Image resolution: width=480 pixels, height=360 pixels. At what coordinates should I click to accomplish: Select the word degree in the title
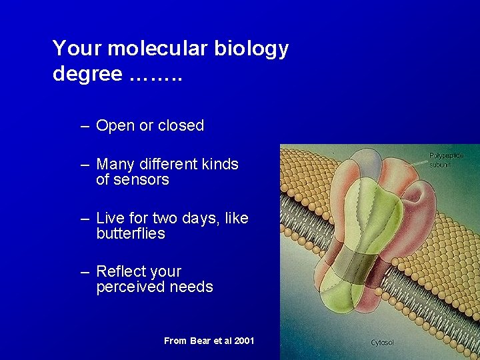tap(87, 74)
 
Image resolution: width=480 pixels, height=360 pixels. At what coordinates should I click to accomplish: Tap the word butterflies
tap(131, 234)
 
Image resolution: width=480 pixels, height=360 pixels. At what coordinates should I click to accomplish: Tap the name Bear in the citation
tap(200, 341)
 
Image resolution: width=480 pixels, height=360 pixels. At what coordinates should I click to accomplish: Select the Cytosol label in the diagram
tap(382, 343)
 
